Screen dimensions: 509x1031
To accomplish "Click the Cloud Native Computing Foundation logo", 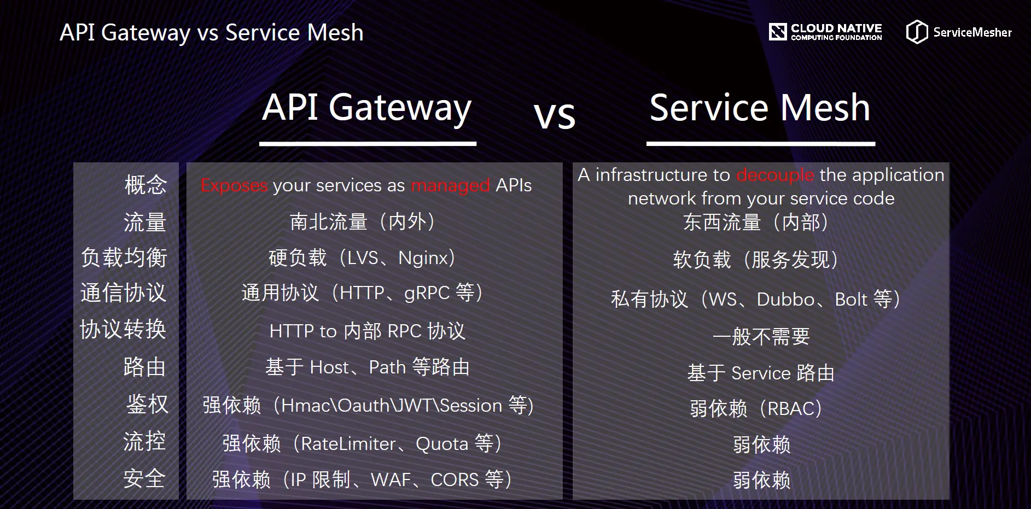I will point(825,32).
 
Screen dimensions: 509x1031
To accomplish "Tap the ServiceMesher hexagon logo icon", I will point(917,32).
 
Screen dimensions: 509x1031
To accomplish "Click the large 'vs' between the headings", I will point(555,115).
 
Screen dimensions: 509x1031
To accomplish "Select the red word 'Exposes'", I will point(234,185).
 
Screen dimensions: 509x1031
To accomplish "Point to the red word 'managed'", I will point(450,185).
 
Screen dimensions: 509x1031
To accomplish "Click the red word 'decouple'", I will point(775,175).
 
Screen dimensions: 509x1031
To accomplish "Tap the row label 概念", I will point(145,185).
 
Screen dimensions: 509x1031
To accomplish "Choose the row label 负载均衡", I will point(124,258).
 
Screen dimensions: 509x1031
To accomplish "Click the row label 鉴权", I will point(147,404).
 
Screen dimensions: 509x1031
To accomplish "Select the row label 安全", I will point(144,478).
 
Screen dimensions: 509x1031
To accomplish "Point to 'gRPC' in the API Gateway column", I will point(427,294).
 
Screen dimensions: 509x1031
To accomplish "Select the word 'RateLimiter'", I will point(348,444).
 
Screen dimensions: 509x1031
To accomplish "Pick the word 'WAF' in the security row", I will point(391,480).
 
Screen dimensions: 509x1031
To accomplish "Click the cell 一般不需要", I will point(761,336).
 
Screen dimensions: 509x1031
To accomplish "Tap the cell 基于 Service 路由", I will point(761,373).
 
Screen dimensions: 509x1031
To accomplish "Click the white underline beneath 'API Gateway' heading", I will point(368,144).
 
